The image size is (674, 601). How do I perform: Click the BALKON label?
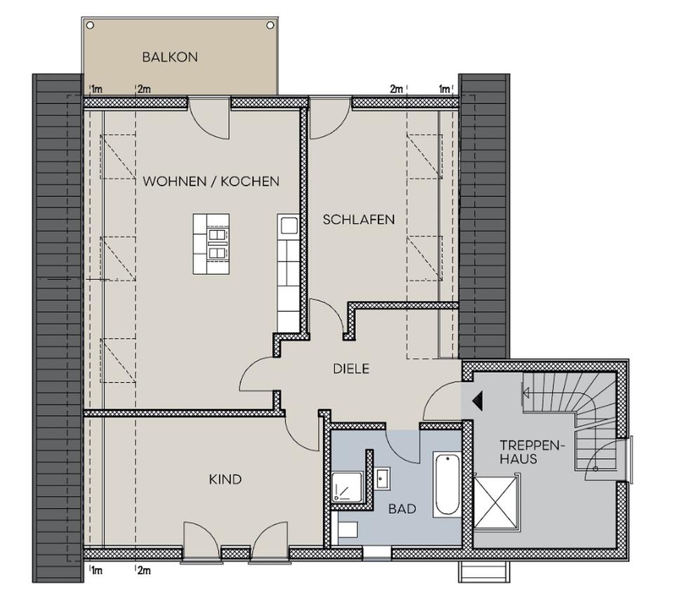pyautogui.click(x=169, y=57)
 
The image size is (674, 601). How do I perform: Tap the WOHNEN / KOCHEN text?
pyautogui.click(x=211, y=181)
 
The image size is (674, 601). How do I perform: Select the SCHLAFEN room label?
pyautogui.click(x=358, y=219)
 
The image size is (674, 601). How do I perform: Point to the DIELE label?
pyautogui.click(x=351, y=369)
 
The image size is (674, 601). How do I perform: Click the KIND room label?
pyautogui.click(x=225, y=480)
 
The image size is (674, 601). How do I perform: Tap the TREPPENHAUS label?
pyautogui.click(x=520, y=451)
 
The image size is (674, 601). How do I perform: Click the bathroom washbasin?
pyautogui.click(x=383, y=477)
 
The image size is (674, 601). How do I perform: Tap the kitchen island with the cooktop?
pyautogui.click(x=211, y=244)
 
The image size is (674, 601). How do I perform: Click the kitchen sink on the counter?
pyautogui.click(x=288, y=226)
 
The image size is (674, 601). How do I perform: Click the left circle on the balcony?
pyautogui.click(x=89, y=25)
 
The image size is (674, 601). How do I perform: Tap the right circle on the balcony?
pyautogui.click(x=270, y=25)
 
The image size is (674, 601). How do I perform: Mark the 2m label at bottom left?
pyautogui.click(x=143, y=571)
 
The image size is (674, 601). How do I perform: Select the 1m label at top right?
pyautogui.click(x=444, y=89)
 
